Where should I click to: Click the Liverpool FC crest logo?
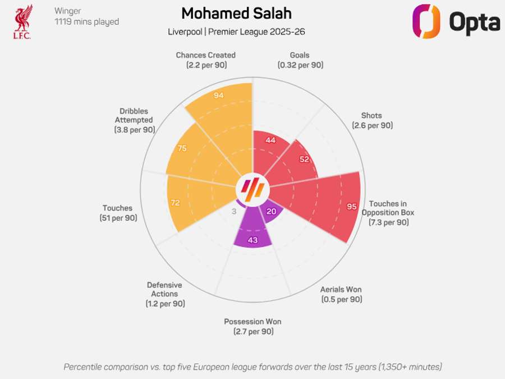click(23, 21)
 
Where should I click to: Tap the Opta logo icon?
click(426, 21)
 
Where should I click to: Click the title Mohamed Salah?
click(236, 13)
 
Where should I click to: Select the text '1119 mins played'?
click(86, 22)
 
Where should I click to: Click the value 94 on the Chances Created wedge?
click(219, 95)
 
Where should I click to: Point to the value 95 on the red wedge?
click(352, 207)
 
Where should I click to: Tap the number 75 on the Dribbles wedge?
click(182, 149)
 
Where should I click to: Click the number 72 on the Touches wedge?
click(175, 202)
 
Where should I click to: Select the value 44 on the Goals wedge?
click(270, 140)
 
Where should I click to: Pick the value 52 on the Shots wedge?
click(304, 159)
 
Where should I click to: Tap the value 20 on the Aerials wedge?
click(271, 212)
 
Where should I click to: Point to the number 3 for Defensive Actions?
click(234, 212)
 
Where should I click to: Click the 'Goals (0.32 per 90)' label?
click(300, 60)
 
